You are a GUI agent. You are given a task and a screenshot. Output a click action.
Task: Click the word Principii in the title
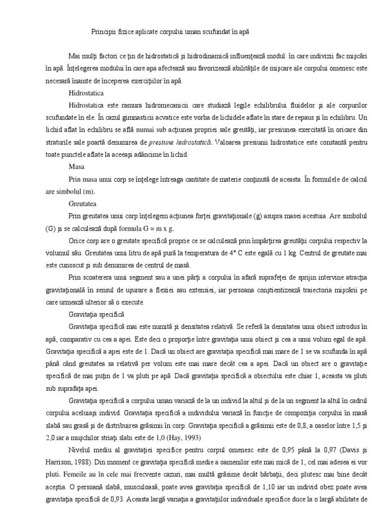pos(102,31)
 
